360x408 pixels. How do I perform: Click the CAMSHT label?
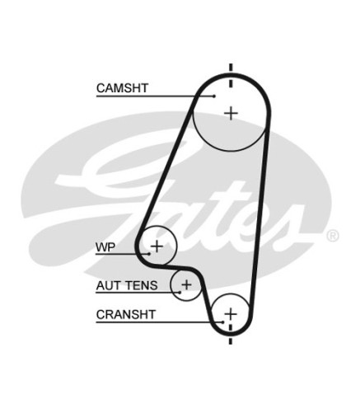point(122,88)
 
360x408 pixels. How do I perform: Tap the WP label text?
point(105,247)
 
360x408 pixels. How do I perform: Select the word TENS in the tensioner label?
point(141,285)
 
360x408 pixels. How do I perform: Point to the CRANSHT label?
point(126,315)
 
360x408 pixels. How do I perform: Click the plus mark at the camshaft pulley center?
point(231,113)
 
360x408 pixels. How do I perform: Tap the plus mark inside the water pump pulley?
point(157,246)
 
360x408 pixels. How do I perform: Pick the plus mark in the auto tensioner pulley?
point(186,284)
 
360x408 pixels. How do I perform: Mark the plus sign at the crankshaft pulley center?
point(231,313)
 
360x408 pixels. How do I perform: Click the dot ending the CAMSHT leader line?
point(214,96)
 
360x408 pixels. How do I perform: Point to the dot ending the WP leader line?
point(149,254)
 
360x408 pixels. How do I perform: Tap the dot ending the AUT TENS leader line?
point(180,293)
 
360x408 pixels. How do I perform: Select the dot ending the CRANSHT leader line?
point(223,321)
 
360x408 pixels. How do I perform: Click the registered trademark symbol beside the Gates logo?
point(333,236)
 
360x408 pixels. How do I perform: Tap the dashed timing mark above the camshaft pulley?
point(231,76)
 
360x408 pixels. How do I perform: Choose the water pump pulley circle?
point(177,246)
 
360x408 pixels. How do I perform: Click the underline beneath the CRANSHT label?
point(159,321)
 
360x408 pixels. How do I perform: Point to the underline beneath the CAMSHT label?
point(155,96)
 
